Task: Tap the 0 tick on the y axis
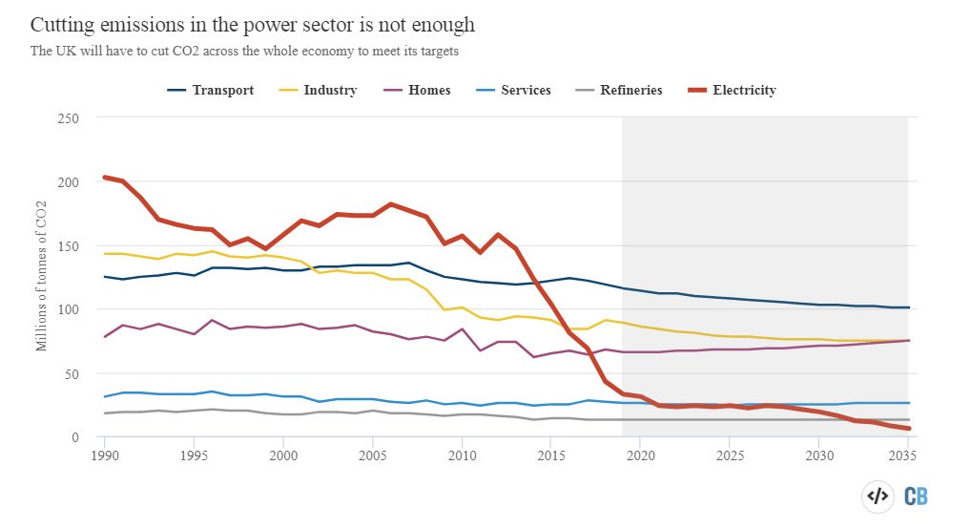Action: coord(73,437)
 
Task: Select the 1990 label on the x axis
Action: coord(105,455)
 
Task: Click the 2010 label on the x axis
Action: coord(462,455)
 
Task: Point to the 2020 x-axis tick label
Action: coord(639,455)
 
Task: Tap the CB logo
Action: coord(916,497)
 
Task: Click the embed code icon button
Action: coord(878,497)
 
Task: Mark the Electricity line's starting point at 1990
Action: coord(105,178)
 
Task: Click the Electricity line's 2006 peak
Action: coord(390,204)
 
